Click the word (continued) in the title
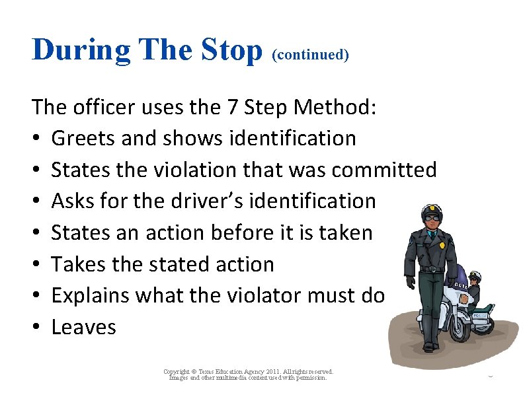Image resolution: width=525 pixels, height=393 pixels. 309,54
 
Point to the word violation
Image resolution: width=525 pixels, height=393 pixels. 184,170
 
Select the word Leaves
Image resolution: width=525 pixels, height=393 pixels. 83,327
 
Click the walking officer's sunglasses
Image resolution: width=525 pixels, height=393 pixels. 431,217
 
